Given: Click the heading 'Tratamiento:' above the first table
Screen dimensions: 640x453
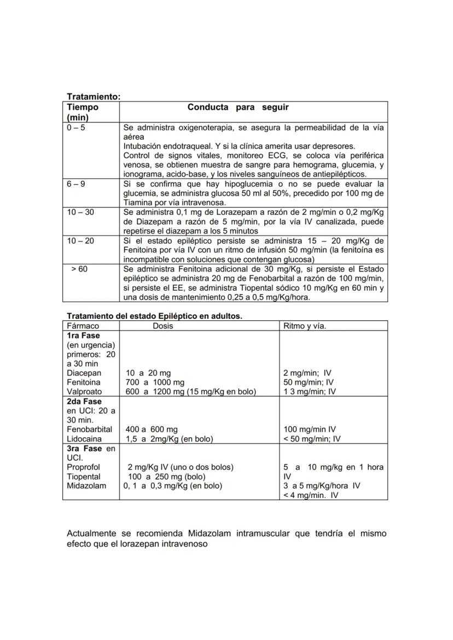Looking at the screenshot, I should click(93, 97).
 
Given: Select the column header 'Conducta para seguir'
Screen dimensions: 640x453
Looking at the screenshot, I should click(238, 107).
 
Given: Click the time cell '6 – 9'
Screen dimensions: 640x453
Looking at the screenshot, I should click(76, 184).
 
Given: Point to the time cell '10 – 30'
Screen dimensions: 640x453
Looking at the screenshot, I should click(80, 212).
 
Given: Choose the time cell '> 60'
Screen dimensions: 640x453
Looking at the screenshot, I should click(79, 269).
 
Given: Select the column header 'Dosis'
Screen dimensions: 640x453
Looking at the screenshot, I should click(163, 326).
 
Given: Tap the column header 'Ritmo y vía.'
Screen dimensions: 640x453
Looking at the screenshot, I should click(305, 326).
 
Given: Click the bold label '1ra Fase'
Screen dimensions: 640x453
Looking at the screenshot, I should click(83, 336).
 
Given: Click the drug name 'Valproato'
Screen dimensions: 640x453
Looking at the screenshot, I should click(84, 391).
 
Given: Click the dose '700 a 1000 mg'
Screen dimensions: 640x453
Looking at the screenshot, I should click(155, 382).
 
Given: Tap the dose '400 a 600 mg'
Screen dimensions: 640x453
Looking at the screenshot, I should click(152, 429).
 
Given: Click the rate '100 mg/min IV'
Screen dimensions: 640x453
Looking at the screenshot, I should click(310, 429).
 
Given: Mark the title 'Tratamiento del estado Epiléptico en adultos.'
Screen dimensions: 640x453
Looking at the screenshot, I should click(154, 316).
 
